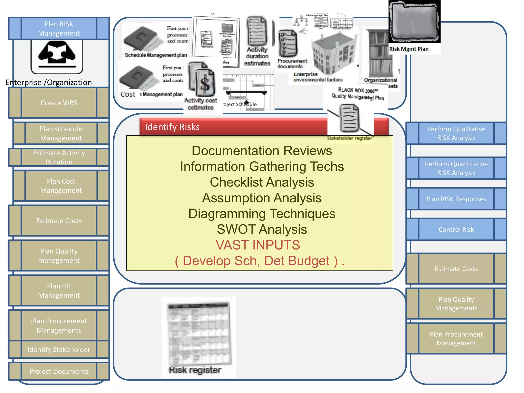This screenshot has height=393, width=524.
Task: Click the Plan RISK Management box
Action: tap(59, 28)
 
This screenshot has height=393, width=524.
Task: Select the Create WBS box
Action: tap(59, 103)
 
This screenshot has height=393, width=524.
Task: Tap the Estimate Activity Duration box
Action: tap(59, 157)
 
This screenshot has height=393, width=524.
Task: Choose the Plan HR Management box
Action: tap(59, 290)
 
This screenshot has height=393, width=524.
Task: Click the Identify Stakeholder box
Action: tap(59, 350)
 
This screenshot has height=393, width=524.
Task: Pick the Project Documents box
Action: tap(59, 371)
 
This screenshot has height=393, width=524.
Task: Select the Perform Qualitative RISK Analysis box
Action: tap(456, 133)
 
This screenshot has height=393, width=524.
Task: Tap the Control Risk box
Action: tap(456, 230)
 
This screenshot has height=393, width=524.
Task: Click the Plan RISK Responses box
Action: tap(456, 199)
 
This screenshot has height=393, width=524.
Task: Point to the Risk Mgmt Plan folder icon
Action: tap(414, 22)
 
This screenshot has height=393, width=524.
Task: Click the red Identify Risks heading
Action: tap(172, 127)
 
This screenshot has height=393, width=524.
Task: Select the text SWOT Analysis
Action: tap(262, 229)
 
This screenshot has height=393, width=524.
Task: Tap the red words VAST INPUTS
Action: tap(258, 245)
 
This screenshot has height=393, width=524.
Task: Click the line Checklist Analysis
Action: tap(262, 182)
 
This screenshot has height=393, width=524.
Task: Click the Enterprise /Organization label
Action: tap(49, 82)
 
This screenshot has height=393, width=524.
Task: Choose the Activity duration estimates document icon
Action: tap(257, 32)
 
